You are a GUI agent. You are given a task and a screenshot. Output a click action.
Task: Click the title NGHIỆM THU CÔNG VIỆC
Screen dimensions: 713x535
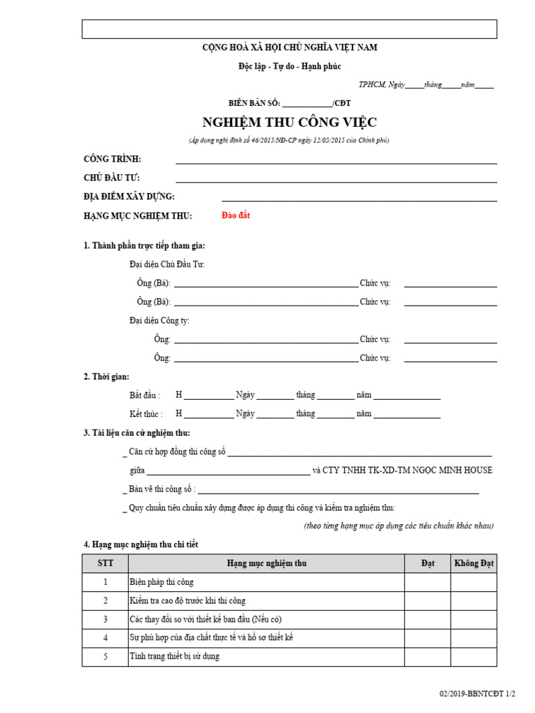click(x=289, y=123)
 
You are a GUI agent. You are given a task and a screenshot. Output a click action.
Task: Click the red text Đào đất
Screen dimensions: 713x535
click(x=235, y=215)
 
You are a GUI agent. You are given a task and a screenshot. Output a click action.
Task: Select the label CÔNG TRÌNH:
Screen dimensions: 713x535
click(x=112, y=159)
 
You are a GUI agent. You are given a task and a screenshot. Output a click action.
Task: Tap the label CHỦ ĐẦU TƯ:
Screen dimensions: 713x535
click(x=111, y=178)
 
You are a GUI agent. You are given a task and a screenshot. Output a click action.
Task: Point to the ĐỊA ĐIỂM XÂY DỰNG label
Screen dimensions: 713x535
click(x=129, y=197)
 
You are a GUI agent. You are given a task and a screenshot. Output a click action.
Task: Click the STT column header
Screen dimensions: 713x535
click(x=105, y=563)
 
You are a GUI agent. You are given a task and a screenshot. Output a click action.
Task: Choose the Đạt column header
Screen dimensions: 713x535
click(x=428, y=563)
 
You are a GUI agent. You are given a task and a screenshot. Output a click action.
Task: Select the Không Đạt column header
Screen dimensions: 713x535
click(x=474, y=563)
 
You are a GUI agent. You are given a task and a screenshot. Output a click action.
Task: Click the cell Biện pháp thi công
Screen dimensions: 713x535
click(x=162, y=582)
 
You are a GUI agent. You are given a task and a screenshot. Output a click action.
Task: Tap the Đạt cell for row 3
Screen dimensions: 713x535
click(x=428, y=620)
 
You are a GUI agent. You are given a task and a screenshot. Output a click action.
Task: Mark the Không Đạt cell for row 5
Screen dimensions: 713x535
click(x=474, y=657)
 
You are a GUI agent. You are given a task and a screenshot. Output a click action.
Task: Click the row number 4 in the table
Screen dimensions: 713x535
click(x=105, y=638)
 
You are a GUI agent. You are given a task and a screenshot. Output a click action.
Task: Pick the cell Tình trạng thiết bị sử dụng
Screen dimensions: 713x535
click(x=174, y=657)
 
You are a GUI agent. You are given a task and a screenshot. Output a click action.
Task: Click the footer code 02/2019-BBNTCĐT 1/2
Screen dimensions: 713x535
click(x=477, y=694)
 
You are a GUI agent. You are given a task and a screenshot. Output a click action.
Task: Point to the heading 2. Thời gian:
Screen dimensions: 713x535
click(x=106, y=377)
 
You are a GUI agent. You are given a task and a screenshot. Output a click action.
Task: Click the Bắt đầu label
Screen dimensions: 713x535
click(x=145, y=395)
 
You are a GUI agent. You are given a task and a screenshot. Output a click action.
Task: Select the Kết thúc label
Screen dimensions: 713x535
click(x=145, y=414)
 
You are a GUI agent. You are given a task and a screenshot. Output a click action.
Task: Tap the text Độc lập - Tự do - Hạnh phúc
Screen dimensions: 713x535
click(x=289, y=66)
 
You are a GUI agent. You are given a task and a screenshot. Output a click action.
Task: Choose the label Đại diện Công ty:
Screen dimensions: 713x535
click(x=159, y=320)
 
